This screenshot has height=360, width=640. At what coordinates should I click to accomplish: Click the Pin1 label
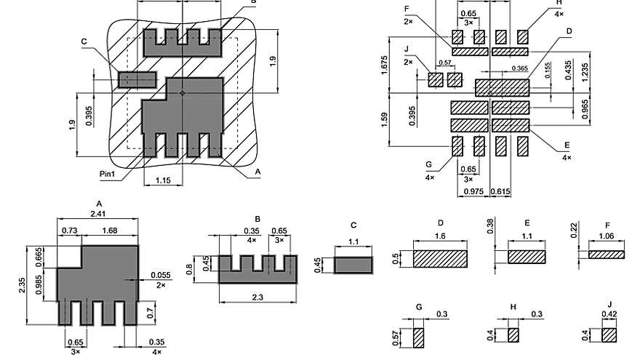110,174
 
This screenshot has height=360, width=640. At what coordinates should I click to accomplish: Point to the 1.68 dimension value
110,231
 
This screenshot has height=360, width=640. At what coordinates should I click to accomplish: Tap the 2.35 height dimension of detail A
22,284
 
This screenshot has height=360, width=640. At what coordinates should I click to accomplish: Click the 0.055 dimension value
160,275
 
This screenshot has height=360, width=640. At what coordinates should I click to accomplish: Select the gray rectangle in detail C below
353,264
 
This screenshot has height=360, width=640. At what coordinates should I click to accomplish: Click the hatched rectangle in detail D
440,259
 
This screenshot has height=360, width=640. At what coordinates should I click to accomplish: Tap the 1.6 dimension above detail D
440,236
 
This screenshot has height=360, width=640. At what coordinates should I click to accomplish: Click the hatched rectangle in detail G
418,337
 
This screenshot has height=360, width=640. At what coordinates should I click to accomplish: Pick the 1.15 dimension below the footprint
163,180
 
